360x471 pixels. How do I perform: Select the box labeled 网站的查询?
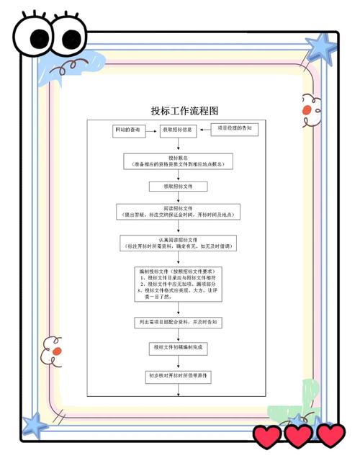(128, 130)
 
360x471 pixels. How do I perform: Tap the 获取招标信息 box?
(177, 130)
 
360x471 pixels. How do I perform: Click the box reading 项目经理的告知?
(235, 128)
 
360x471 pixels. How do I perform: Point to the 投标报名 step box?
(178, 160)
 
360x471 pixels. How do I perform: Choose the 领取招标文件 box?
(178, 186)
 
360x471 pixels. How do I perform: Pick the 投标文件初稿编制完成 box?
(178, 347)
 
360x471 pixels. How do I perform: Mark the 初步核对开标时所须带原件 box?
(178, 376)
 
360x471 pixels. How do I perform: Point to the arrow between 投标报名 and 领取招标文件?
(178, 175)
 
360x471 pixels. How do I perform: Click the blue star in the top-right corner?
(320, 48)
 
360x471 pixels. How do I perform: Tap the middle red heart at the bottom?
(298, 435)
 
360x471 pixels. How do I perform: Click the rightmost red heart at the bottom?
(330, 435)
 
